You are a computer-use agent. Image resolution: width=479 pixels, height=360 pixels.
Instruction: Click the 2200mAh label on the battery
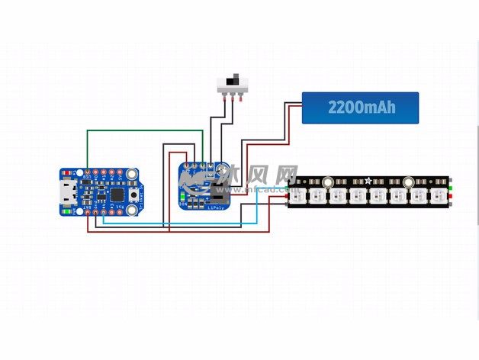point(362,108)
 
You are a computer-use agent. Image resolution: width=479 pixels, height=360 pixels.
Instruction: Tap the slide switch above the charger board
point(235,82)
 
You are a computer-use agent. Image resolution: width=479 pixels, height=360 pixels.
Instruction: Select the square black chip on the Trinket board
point(118,194)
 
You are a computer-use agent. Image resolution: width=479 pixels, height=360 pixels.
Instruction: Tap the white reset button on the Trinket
point(134,196)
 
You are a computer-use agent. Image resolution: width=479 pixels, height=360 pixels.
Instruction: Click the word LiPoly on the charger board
point(217,206)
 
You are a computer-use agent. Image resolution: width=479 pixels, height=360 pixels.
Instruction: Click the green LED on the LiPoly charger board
point(182,203)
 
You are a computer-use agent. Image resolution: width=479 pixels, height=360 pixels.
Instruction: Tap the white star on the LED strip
point(369,181)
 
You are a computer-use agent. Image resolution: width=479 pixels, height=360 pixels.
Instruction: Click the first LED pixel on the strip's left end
point(299,197)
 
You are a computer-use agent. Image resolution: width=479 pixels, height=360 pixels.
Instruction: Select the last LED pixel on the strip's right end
point(438,197)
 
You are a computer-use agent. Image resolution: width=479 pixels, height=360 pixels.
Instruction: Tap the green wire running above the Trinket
point(145,130)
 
